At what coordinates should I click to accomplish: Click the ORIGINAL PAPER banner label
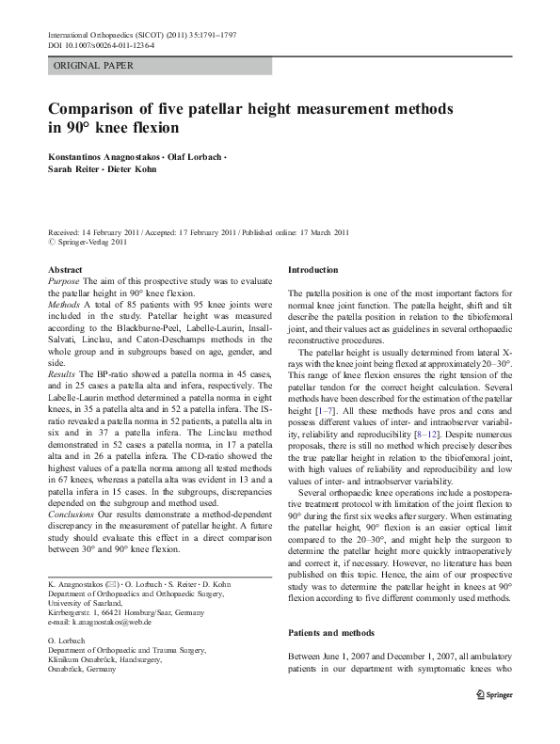(94, 67)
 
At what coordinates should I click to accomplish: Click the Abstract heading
(65, 270)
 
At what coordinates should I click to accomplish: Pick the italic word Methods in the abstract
(66, 305)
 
